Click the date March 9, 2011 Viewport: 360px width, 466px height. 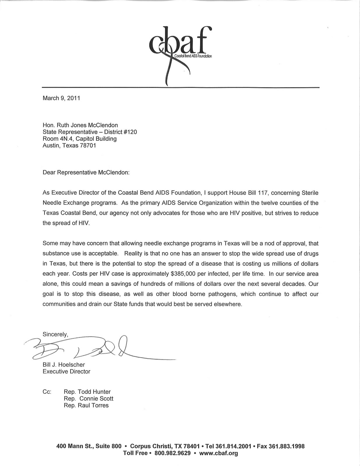[x=61, y=98]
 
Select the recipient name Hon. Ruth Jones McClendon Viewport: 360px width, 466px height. [x=80, y=125]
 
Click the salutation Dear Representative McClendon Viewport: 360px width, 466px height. [x=86, y=172]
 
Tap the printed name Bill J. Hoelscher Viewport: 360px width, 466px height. [x=64, y=365]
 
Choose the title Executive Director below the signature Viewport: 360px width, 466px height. [x=66, y=372]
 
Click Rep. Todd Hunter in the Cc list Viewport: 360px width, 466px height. [x=87, y=392]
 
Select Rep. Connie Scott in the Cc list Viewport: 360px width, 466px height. [x=89, y=399]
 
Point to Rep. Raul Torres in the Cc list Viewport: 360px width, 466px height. [x=86, y=405]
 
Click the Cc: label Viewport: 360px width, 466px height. [x=47, y=392]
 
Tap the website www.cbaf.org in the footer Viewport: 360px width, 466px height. [x=218, y=453]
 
